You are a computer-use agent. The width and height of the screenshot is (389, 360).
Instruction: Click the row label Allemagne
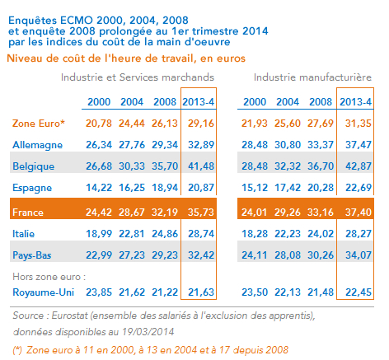[x=38, y=145]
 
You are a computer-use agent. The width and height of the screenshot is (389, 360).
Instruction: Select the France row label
[x=28, y=213]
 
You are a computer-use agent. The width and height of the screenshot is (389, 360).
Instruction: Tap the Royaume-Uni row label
[x=44, y=292]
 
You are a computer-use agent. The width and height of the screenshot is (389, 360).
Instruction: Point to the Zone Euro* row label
[x=39, y=124]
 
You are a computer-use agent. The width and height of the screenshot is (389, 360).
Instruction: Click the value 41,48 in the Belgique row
[x=201, y=166]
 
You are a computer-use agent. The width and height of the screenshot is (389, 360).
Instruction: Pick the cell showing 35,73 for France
[x=201, y=213]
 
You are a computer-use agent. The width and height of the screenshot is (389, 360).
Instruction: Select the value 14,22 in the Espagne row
[x=99, y=188]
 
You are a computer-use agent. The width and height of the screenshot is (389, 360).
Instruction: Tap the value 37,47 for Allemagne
[x=359, y=145]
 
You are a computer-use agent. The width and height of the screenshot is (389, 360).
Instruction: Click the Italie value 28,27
[x=359, y=234]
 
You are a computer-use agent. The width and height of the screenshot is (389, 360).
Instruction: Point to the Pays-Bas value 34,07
[x=359, y=255]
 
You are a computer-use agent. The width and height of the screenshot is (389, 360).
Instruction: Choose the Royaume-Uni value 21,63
[x=201, y=292]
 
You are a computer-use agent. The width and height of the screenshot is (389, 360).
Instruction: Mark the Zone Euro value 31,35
[x=359, y=124]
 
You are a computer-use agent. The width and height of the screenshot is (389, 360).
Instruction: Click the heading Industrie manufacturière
[x=312, y=77]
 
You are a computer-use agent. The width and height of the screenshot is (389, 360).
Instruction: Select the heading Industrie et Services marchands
[x=138, y=77]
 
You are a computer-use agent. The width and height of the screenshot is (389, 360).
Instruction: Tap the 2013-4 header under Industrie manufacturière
[x=356, y=102]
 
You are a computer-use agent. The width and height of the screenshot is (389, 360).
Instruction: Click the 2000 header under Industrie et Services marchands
[x=99, y=102]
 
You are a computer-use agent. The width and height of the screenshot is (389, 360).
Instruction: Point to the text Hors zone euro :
[x=49, y=277]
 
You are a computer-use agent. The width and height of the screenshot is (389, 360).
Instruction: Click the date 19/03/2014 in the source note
[x=148, y=332]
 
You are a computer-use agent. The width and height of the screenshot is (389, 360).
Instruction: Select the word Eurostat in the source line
[x=69, y=316]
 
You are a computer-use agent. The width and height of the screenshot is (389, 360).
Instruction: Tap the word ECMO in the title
[x=77, y=21]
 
